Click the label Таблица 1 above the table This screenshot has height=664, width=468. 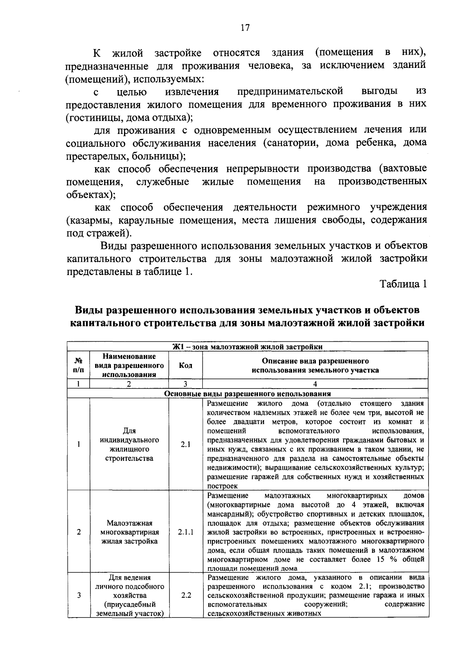coord(403,284)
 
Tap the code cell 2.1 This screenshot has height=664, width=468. coord(185,444)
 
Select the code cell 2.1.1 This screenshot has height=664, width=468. coord(185,532)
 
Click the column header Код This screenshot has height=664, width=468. coord(185,366)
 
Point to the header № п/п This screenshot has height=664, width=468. coord(78,366)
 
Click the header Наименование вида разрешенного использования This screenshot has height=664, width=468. coord(129,366)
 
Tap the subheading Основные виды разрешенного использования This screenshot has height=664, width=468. coord(248,394)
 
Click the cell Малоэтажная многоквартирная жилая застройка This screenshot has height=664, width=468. coord(129,532)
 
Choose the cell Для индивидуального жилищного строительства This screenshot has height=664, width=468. coord(129,444)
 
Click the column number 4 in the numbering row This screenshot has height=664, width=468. coord(315,384)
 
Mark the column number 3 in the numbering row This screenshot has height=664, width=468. coord(185,384)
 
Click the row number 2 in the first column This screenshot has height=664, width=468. coord(78,532)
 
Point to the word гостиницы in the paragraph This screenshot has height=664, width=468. coord(88,117)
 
